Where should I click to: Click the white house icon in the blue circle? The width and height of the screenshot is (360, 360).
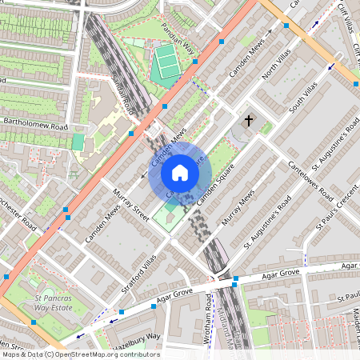click(180, 173)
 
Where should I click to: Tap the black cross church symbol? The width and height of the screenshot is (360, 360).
click(249, 121)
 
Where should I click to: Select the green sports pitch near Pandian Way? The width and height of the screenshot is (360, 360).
click(166, 62)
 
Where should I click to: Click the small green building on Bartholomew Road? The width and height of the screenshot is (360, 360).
click(78, 142)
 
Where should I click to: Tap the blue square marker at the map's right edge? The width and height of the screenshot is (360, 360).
click(356, 82)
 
